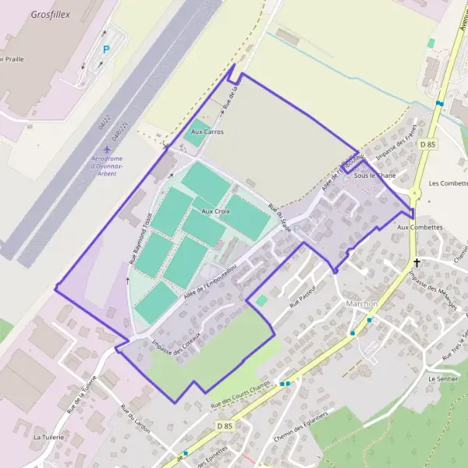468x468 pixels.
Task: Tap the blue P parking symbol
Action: point(106,49)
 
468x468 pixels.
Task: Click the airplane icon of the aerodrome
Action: point(106,149)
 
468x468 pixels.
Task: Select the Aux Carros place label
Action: point(207,132)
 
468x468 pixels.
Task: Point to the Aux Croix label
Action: point(216,211)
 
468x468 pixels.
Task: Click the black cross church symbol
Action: point(417,263)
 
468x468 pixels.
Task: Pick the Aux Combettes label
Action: point(420,227)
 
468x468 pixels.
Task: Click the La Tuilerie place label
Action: point(47,438)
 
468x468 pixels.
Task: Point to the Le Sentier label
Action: point(442,378)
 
